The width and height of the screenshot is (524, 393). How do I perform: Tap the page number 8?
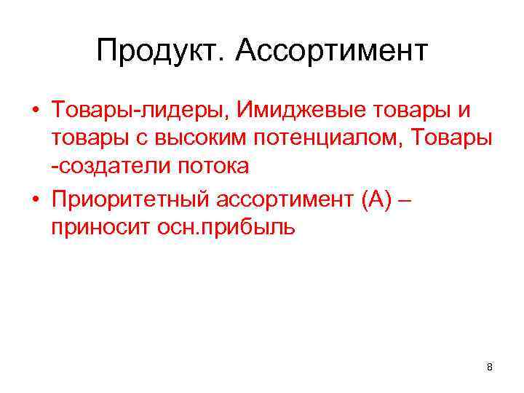(x=490, y=367)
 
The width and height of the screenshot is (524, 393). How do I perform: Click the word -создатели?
(x=111, y=166)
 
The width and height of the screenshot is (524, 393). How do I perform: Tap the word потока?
(x=213, y=166)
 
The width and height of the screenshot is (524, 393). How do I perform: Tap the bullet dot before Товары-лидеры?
(x=35, y=111)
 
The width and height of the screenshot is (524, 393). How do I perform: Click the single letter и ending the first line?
(x=464, y=111)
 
